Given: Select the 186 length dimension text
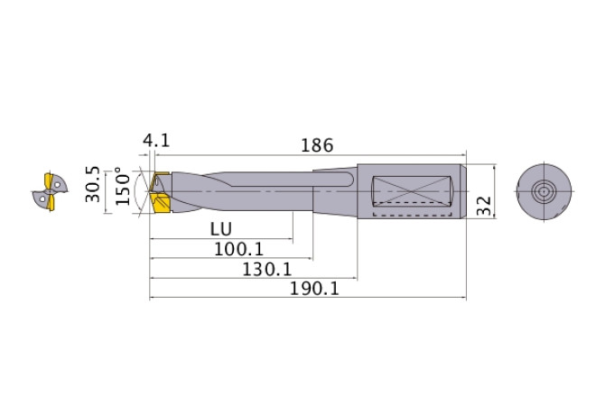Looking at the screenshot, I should pos(317,144).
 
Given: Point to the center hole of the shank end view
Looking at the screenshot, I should pos(543,191).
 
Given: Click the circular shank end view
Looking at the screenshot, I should pos(543,191).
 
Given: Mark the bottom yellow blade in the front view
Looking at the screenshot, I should pos(51,206).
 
